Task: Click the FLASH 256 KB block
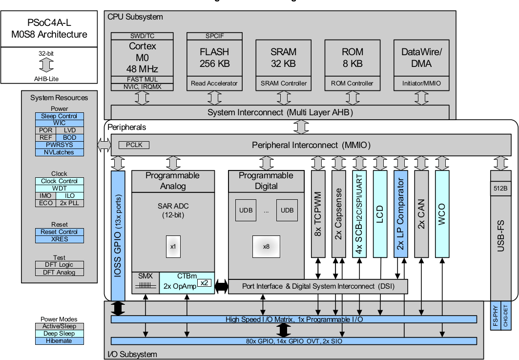214,57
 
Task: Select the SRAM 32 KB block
283,57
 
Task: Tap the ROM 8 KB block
352,57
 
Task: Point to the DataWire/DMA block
421,57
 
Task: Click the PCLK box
131,145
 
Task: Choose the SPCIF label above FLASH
214,36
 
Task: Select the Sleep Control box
59,116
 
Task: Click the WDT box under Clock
59,188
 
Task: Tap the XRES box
59,239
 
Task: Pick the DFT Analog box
59,272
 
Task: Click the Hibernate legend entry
59,341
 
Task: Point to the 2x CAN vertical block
421,214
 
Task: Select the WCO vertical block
442,214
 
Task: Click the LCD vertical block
380,214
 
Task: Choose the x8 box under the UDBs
266,246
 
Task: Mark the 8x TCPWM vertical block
318,214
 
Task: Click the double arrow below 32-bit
46,65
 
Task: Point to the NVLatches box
59,152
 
